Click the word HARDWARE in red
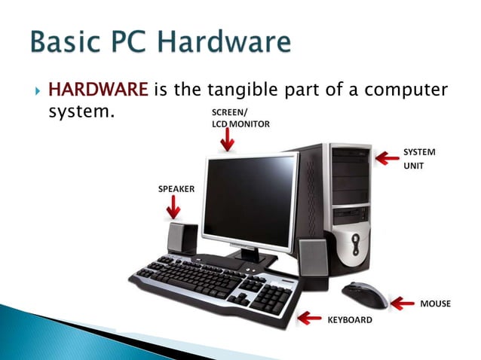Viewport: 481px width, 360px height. point(97,91)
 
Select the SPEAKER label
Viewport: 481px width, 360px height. point(176,189)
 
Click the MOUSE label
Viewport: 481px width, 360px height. point(435,304)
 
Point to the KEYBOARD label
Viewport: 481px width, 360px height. point(349,320)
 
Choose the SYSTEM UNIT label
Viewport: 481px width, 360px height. point(419,157)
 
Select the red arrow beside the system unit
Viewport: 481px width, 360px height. point(388,158)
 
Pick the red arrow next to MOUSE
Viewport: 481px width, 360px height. point(405,304)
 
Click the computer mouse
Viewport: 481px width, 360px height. point(365,294)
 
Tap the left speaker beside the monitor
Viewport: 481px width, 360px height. point(182,239)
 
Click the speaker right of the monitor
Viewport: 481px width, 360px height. point(312,260)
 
